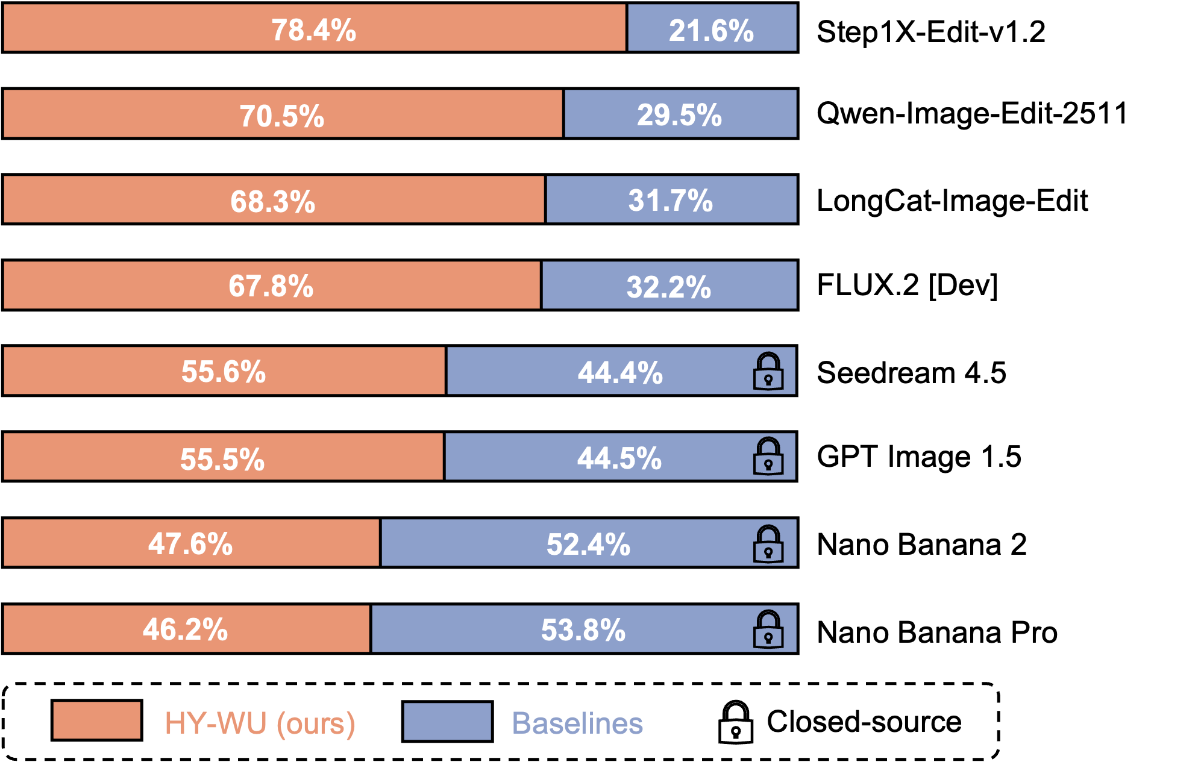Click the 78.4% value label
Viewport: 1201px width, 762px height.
coord(313,30)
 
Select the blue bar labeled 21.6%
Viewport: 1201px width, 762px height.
coord(712,28)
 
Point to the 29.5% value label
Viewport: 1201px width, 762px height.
coord(679,114)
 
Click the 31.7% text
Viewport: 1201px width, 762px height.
coord(670,200)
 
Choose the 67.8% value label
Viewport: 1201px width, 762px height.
coord(271,286)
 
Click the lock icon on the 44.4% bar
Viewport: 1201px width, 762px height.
coord(768,371)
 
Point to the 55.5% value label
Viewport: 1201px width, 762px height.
coord(222,459)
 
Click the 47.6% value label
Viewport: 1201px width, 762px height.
coord(190,543)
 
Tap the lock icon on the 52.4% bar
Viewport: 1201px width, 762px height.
coord(768,544)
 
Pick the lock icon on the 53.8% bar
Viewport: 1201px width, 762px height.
coord(768,629)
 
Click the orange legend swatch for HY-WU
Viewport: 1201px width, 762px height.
coord(96,720)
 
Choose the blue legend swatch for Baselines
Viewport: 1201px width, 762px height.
coord(447,721)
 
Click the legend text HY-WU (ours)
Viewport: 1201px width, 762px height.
coord(260,723)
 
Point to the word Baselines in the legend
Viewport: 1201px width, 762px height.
coord(577,723)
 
